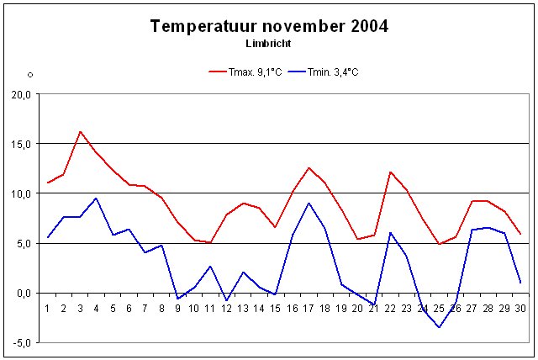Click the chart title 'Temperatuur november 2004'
click(269, 26)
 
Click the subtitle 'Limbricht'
click(269, 42)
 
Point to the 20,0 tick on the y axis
click(20, 94)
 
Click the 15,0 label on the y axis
click(20, 144)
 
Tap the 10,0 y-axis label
click(20, 193)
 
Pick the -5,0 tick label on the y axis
click(20, 342)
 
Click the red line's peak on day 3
click(80, 131)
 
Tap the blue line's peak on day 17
click(309, 203)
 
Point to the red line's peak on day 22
click(391, 172)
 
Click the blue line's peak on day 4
click(97, 199)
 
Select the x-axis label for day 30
click(520, 308)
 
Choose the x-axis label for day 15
click(276, 308)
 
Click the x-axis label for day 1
click(47, 308)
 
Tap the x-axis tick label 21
click(374, 308)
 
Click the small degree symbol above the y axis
click(30, 75)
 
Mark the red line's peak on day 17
click(309, 167)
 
